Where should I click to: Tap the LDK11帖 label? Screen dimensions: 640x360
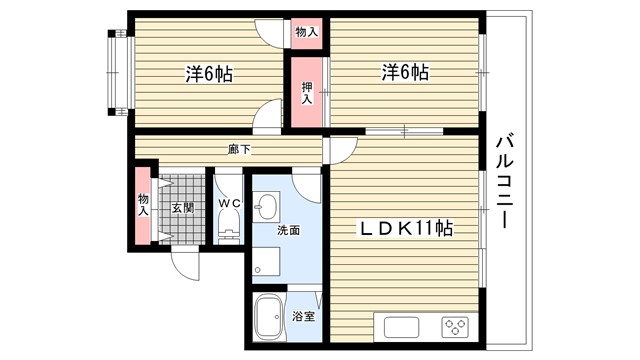405,228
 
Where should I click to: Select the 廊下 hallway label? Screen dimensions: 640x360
239,149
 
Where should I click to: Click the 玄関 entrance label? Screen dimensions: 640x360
182,208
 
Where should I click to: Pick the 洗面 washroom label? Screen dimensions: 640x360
289,230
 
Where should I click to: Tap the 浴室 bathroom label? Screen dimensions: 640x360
303,316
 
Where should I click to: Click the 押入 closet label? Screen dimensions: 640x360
307,93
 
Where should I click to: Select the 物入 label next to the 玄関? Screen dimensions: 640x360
143,205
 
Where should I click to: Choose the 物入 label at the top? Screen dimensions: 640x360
307,32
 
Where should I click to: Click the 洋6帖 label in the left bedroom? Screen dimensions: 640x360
209,74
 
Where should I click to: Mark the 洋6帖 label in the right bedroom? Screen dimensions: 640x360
405,72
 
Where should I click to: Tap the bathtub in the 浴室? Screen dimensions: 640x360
269,317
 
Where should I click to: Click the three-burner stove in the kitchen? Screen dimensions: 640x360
455,327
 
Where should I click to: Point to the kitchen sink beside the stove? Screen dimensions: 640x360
401,327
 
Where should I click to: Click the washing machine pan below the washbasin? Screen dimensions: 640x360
266,261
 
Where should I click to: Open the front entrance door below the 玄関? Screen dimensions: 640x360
186,264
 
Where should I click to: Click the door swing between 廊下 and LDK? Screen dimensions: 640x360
341,151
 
